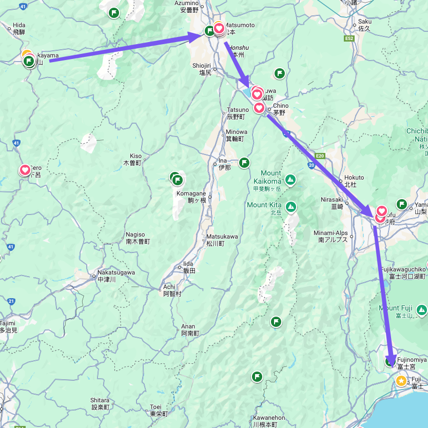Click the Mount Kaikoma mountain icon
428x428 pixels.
click(x=290, y=180)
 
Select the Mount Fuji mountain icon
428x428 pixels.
click(x=421, y=309)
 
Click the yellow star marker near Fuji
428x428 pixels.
click(x=401, y=381)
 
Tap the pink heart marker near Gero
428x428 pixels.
click(x=25, y=170)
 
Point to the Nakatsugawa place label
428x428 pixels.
click(x=116, y=273)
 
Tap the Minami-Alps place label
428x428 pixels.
click(x=330, y=234)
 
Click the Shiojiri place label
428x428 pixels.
click(x=202, y=66)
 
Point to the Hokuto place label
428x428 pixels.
click(x=354, y=178)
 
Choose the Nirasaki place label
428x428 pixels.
click(x=332, y=200)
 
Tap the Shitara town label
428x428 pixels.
click(x=100, y=400)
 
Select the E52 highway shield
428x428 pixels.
click(x=349, y=38)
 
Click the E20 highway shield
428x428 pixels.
click(x=321, y=155)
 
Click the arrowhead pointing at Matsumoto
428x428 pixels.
click(x=198, y=36)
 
